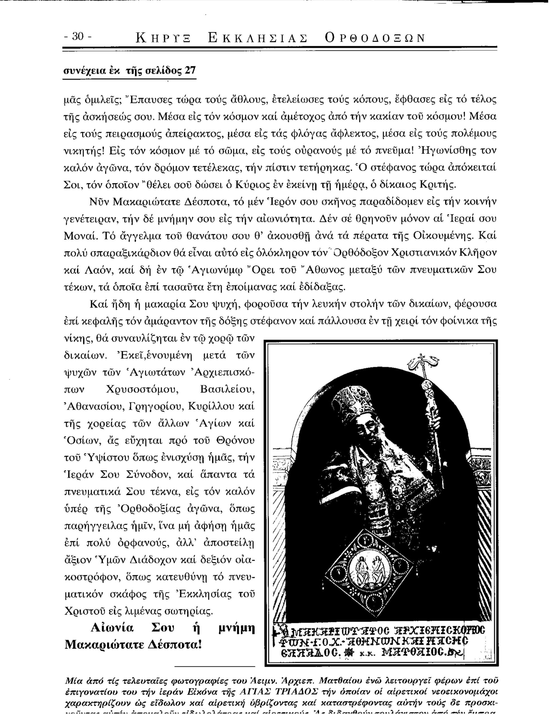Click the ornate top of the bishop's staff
click(x=420, y=362)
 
